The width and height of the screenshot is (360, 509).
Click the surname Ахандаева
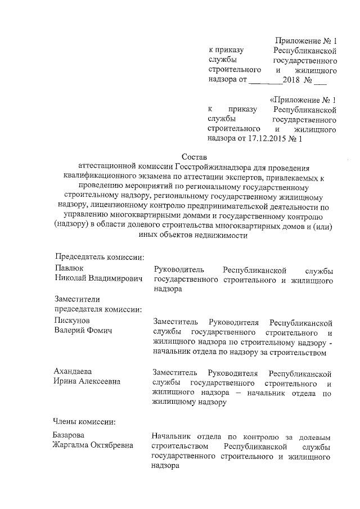(73, 372)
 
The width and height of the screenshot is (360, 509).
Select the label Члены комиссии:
(84, 421)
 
